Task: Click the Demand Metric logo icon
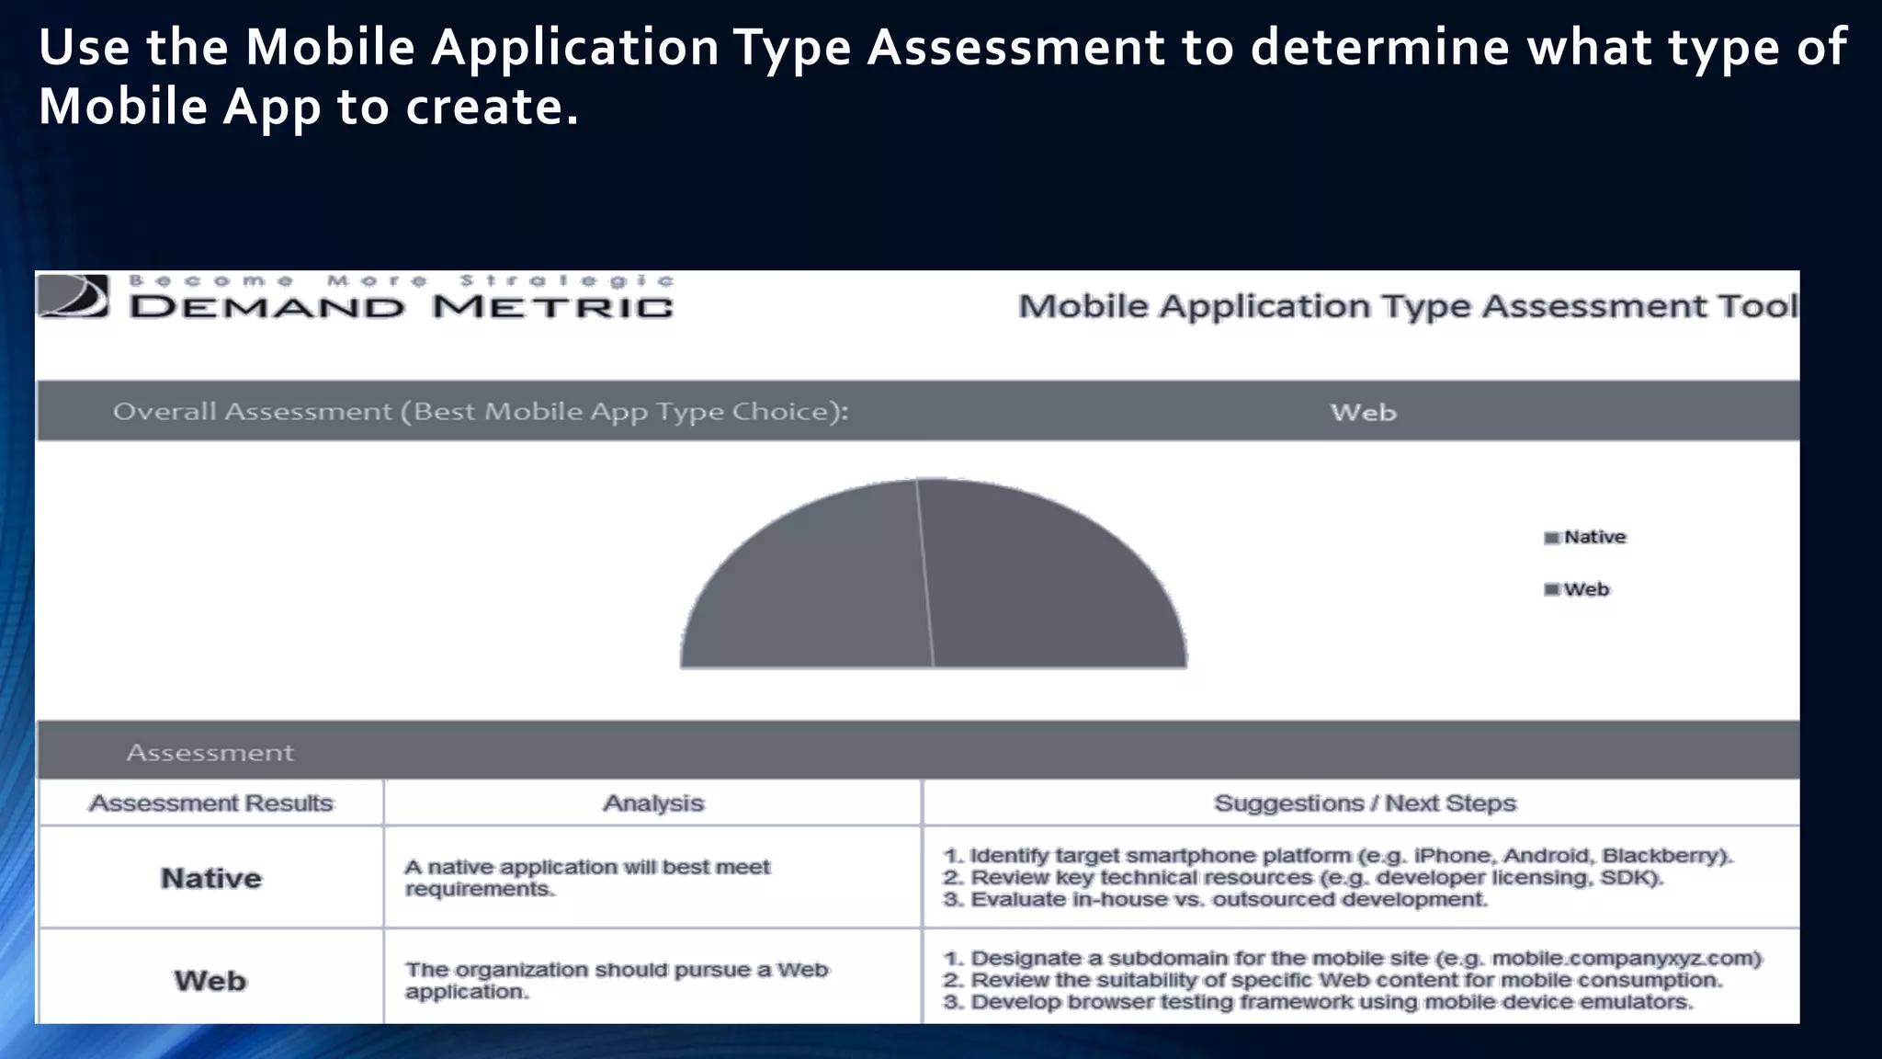pyautogui.click(x=74, y=296)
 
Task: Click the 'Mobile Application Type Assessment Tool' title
pyautogui.click(x=1407, y=306)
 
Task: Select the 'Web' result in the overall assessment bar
pyautogui.click(x=1363, y=413)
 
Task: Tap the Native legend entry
pyautogui.click(x=1586, y=537)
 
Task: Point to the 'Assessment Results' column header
pyautogui.click(x=210, y=803)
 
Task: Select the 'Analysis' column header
pyautogui.click(x=652, y=803)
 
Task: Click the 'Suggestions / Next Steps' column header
pyautogui.click(x=1365, y=803)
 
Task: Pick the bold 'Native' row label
pyautogui.click(x=210, y=878)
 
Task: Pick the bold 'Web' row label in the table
pyautogui.click(x=210, y=981)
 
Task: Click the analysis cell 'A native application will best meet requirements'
pyautogui.click(x=587, y=878)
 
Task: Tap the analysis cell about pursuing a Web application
pyautogui.click(x=617, y=981)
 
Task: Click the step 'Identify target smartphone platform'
pyautogui.click(x=1338, y=856)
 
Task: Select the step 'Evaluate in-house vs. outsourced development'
pyautogui.click(x=1216, y=900)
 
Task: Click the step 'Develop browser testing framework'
pyautogui.click(x=1318, y=1002)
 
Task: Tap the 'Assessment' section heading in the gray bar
pyautogui.click(x=210, y=753)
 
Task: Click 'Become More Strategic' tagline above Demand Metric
pyautogui.click(x=402, y=280)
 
